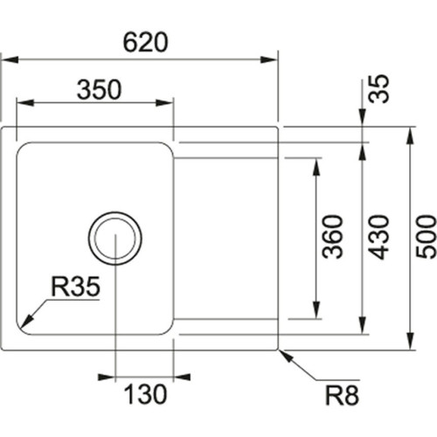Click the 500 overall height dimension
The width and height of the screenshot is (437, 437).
pos(427,239)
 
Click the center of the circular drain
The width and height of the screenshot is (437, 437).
pos(114,237)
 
